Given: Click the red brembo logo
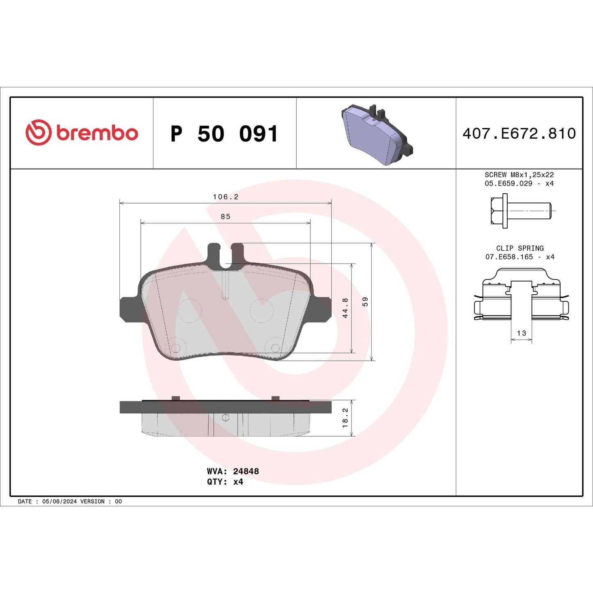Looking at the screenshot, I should pyautogui.click(x=82, y=133).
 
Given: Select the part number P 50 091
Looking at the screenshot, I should pyautogui.click(x=224, y=134).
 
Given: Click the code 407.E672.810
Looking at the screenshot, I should pyautogui.click(x=519, y=134).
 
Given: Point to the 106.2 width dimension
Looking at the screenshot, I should pyautogui.click(x=225, y=197).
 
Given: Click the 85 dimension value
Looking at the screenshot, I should pyautogui.click(x=225, y=217).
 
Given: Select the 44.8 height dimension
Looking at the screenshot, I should pyautogui.click(x=345, y=308).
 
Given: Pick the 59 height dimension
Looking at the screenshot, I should pyautogui.click(x=365, y=302).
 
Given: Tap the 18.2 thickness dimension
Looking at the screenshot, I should pyautogui.click(x=345, y=417).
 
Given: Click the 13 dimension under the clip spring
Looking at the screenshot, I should pyautogui.click(x=521, y=333).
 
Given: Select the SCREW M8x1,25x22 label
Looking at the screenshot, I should pyautogui.click(x=519, y=175).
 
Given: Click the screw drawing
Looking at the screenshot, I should pyautogui.click(x=520, y=211).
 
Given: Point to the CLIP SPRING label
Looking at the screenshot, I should pyautogui.click(x=520, y=248).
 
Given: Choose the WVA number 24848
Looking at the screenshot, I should pyautogui.click(x=246, y=472).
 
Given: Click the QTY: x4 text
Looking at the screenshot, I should pyautogui.click(x=225, y=482).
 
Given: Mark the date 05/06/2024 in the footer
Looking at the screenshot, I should pyautogui.click(x=59, y=501).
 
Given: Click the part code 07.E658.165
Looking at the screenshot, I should pyautogui.click(x=509, y=257).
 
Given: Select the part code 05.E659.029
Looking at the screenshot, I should pyautogui.click(x=508, y=183).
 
